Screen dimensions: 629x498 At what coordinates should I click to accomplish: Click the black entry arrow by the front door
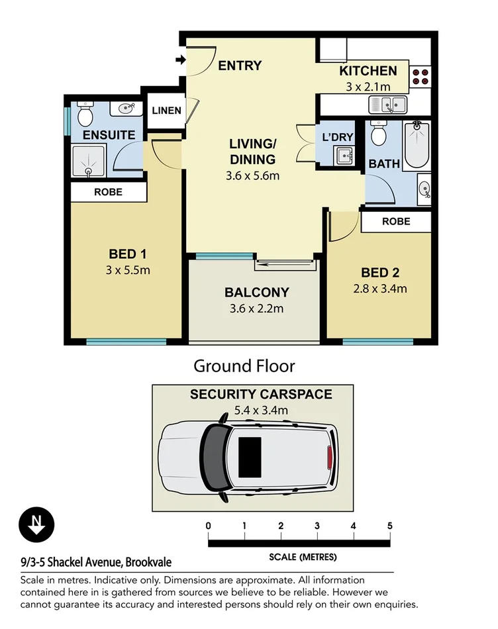coord(179,60)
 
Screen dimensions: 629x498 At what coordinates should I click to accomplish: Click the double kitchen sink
coord(387,105)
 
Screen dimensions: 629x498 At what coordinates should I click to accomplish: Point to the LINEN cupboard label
coord(166,110)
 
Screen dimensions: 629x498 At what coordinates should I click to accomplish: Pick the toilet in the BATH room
coord(378,135)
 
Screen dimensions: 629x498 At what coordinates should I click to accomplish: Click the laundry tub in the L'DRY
coord(344,156)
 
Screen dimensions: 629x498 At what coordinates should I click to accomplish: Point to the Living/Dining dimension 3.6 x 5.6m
coord(252,176)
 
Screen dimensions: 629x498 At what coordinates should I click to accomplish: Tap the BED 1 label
coord(127,254)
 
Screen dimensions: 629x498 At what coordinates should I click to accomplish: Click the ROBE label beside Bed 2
coord(395,222)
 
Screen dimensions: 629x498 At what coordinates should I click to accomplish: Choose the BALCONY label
coord(256,292)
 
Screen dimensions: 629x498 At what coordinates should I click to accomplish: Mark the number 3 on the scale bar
coord(317,526)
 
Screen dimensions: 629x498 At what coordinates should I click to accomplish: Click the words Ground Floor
coord(244,365)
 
